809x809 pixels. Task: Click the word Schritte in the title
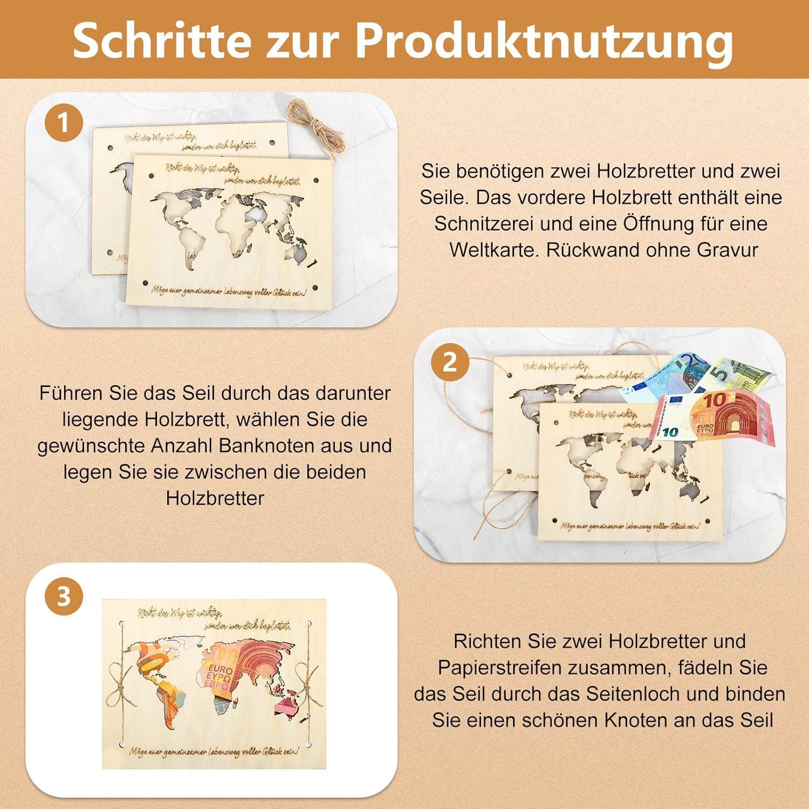click(x=162, y=40)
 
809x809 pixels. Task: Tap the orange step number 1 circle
click(x=64, y=123)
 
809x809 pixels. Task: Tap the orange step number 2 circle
click(x=449, y=362)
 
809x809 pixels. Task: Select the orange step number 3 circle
click(x=64, y=597)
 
